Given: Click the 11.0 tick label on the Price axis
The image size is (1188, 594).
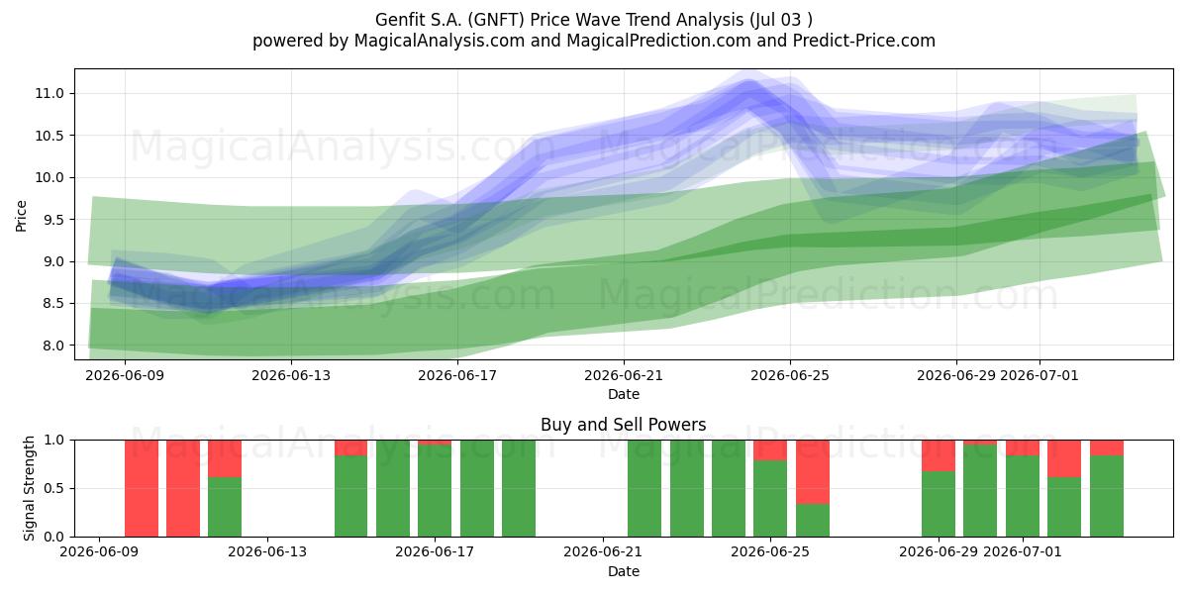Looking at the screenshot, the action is tap(49, 94).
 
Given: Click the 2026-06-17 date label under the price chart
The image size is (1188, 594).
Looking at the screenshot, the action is tap(457, 375).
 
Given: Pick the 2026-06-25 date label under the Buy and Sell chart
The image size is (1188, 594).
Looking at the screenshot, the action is tap(770, 551).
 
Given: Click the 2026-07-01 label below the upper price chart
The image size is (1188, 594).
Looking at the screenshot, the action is tap(1039, 375).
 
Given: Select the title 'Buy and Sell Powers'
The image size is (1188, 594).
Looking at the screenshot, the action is tap(623, 425).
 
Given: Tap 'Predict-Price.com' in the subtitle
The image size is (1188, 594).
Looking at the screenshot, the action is tap(864, 41).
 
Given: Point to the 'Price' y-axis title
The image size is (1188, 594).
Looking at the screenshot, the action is tap(21, 216).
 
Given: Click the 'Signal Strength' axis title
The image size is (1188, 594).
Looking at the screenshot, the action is tap(29, 488).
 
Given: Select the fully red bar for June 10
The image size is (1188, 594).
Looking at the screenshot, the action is tap(142, 488).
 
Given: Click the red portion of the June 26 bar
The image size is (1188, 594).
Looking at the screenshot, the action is tap(813, 472).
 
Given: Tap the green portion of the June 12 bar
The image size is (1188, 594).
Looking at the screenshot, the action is tap(225, 507).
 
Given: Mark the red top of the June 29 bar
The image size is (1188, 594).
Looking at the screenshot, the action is tap(939, 455).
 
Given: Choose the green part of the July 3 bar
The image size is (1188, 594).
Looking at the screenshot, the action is tap(1107, 496).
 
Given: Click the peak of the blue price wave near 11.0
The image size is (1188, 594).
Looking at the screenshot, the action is tap(748, 85).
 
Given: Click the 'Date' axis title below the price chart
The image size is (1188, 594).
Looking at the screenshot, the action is tap(623, 394).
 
